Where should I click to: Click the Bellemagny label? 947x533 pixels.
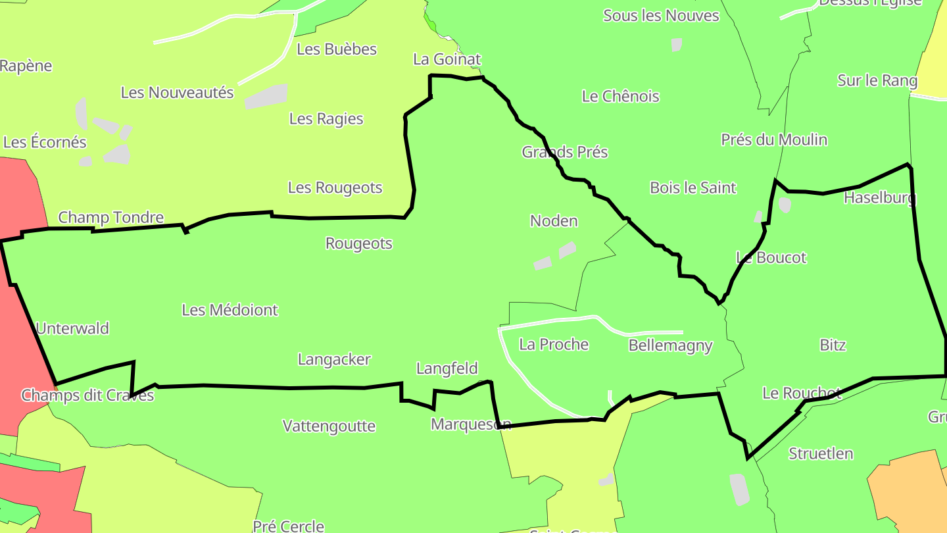coord(670,345)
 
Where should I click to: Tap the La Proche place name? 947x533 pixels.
coord(554,344)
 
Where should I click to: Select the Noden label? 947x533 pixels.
coord(554,221)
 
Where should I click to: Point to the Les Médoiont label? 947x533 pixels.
coord(230,310)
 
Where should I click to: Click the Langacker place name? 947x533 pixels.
coord(334,359)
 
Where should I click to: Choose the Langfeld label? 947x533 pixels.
coord(447,368)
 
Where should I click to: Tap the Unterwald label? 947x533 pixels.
coord(72,328)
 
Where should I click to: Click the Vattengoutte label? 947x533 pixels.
coord(329,426)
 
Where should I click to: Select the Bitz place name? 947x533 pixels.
coord(833,345)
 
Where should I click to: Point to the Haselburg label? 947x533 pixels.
coord(880,197)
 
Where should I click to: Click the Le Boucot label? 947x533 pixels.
coord(771,257)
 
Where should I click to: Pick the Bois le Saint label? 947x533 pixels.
coord(692,188)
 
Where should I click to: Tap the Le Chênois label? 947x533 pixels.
coord(620,96)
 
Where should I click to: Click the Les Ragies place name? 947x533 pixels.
coord(326,118)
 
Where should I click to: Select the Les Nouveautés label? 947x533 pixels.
coord(177,93)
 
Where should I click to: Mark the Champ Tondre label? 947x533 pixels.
coord(110,217)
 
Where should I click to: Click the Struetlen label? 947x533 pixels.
coord(821,453)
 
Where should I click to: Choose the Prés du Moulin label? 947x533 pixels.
coord(774,140)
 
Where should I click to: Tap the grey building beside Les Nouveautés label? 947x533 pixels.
coord(266,96)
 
